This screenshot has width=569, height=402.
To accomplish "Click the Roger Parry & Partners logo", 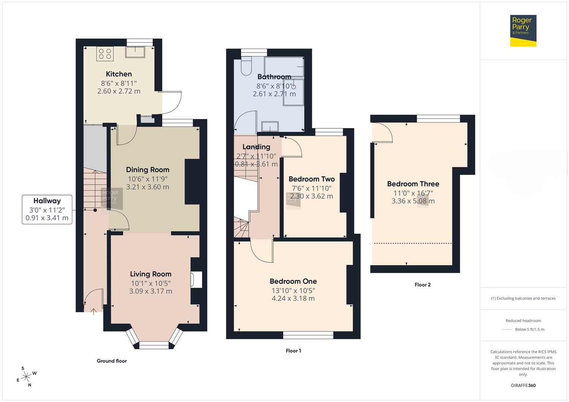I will [x=523, y=31].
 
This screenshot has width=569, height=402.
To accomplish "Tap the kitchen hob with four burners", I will [x=105, y=54].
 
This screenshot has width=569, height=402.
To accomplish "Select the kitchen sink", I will [x=135, y=52].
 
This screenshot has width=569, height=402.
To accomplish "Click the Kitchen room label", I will [x=118, y=74].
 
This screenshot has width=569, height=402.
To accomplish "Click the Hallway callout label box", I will [x=47, y=209].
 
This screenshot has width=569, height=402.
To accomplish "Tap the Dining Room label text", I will [x=148, y=170].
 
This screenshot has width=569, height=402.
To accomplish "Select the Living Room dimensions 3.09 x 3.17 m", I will [x=151, y=291].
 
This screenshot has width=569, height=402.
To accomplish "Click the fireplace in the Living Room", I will [x=196, y=280].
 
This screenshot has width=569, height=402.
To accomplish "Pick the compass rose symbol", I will [x=26, y=377].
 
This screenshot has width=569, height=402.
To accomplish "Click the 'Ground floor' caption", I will [x=112, y=361].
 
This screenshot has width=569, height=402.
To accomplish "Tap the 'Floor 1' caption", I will [x=293, y=351].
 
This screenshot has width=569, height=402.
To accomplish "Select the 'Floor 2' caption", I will [x=423, y=285].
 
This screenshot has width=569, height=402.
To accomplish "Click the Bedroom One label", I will [x=293, y=281].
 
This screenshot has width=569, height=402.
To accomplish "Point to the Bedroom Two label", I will [x=312, y=179].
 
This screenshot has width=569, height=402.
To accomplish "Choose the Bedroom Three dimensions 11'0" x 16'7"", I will [x=413, y=193].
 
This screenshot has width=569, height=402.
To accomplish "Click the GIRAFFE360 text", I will [x=523, y=385].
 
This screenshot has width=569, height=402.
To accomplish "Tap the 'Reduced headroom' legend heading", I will [x=523, y=320].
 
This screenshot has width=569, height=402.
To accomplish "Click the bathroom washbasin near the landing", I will [x=270, y=127].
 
